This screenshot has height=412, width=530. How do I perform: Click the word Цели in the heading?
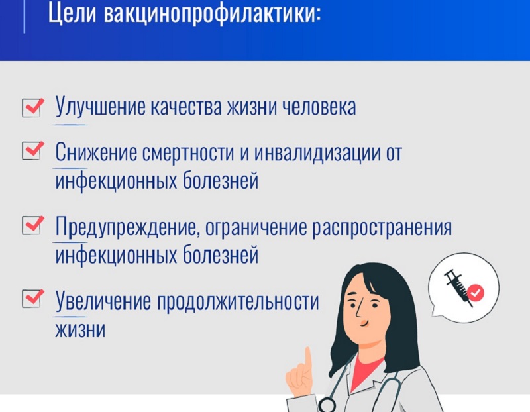tap(72, 13)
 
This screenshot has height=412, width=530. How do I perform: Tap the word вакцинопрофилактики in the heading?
tap(213, 14)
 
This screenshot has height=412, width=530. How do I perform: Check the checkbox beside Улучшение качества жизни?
tap(32, 107)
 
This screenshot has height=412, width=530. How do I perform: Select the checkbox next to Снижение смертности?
tap(32, 150)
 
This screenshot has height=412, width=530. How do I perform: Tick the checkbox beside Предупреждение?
tap(32, 225)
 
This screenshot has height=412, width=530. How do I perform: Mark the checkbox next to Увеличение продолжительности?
tap(32, 299)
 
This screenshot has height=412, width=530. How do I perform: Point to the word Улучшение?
tap(101, 107)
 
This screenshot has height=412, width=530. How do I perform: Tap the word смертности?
tap(187, 154)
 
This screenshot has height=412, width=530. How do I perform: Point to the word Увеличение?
tap(103, 301)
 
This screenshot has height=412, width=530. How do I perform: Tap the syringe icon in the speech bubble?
tap(458, 287)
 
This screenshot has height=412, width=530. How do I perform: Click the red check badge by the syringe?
tap(476, 292)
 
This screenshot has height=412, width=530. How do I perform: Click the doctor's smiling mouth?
tap(364, 323)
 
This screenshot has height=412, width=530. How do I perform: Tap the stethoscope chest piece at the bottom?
tap(327, 405)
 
